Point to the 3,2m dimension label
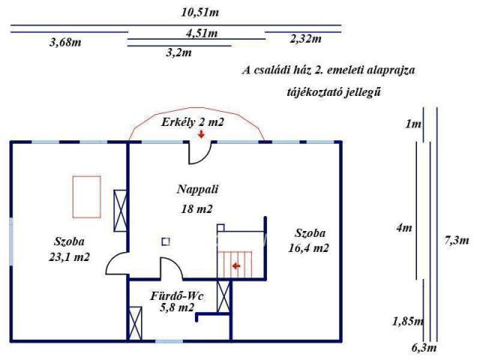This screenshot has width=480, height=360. [178, 53]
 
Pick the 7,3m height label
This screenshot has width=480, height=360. [456, 241]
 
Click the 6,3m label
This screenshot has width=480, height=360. [424, 347]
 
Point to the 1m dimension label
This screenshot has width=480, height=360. [412, 124]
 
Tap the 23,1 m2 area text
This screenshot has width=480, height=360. [69, 256]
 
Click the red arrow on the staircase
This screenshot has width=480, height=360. [236, 265]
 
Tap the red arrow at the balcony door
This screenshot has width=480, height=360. [201, 135]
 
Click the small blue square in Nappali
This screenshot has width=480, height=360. [165, 241]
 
